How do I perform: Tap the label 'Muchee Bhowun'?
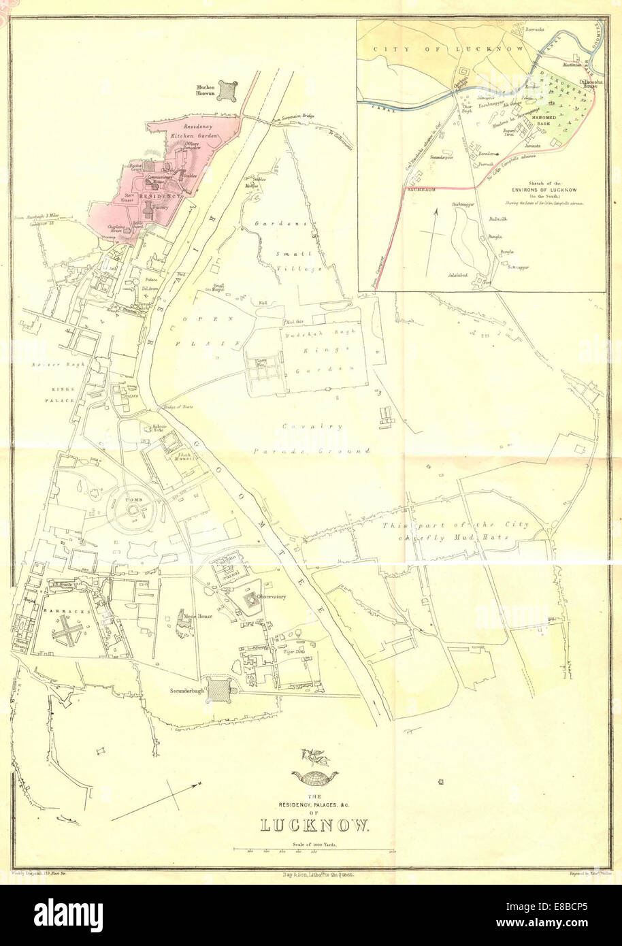pyautogui.click(x=205, y=91)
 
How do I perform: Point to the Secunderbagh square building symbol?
pyautogui.click(x=220, y=689)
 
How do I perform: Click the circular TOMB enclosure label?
pyautogui.click(x=131, y=499)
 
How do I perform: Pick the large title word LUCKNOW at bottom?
pyautogui.click(x=314, y=826)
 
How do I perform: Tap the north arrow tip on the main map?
pyautogui.click(x=202, y=784)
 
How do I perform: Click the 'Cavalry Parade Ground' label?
pyautogui.click(x=313, y=438)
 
